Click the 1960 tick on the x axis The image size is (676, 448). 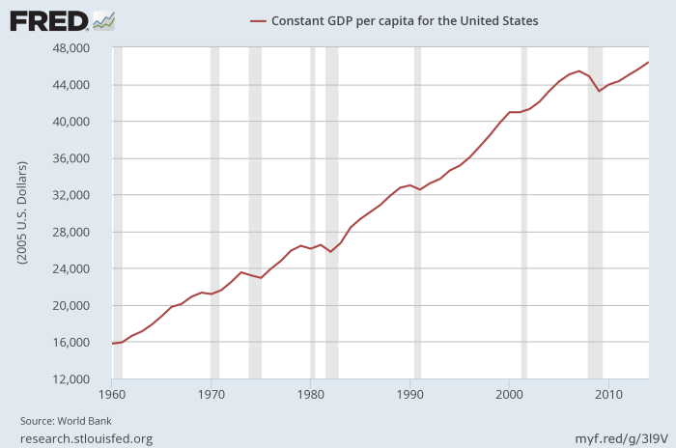(112, 394)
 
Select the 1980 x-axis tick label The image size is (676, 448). (311, 394)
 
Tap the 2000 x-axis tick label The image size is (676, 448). (509, 394)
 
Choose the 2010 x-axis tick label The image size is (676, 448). (608, 394)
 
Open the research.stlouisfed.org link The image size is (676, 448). (86, 438)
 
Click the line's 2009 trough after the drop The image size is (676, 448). (599, 91)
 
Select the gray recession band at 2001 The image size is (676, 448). (523, 212)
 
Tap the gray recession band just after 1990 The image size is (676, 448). (417, 212)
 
